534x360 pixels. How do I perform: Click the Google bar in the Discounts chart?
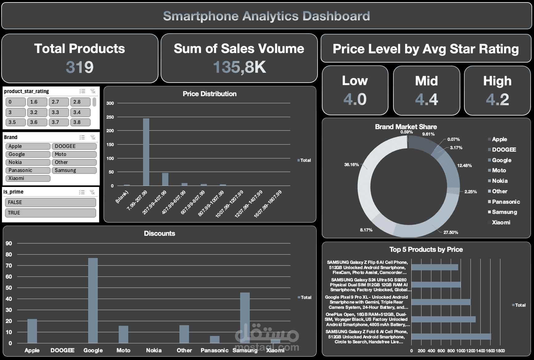[x=93, y=301]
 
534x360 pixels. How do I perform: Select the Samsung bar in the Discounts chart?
[x=245, y=317]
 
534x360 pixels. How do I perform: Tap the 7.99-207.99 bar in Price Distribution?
[x=146, y=152]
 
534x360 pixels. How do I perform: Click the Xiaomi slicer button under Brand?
[x=28, y=178]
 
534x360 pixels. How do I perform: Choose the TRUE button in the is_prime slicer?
[x=50, y=213]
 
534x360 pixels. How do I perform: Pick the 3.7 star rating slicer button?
[x=59, y=122]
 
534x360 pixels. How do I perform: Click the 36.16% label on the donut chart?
[x=351, y=165]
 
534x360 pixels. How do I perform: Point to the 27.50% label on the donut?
[x=450, y=232]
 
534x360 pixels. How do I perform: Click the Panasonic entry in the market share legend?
[x=506, y=202]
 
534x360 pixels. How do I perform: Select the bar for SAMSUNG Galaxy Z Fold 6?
[x=451, y=337]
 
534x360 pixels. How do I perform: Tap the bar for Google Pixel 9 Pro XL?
[x=441, y=302]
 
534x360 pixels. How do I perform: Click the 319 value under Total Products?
[x=80, y=67]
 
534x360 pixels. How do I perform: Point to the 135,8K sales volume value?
[x=239, y=67]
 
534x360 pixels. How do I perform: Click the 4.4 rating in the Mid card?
[x=426, y=100]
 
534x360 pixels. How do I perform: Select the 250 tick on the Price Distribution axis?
[x=110, y=117]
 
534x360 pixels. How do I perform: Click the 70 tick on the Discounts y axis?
[x=9, y=266]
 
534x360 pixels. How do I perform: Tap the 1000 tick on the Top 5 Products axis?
[x=461, y=351]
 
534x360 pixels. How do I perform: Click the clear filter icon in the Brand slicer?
[x=92, y=137]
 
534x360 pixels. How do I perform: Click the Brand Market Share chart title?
[x=406, y=127]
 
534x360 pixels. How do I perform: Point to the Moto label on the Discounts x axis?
[x=123, y=350]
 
